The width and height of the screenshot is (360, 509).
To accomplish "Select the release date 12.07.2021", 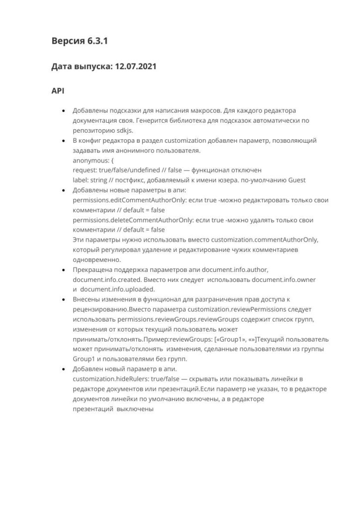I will click(x=136, y=67).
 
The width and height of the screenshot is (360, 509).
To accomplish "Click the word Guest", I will click(x=297, y=180).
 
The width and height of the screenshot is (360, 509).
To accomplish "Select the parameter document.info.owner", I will click(x=283, y=279).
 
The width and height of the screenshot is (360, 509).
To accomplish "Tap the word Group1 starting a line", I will click(x=84, y=359).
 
